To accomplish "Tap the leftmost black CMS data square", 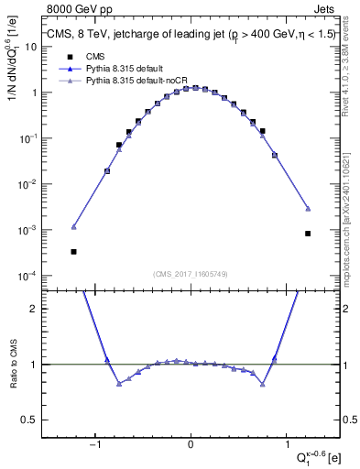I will click(73, 251).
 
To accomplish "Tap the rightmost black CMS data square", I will click(308, 234).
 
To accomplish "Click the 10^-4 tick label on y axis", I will click(27, 276).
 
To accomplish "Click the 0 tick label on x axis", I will click(191, 445).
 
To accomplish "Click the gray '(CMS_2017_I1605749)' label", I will click(191, 275).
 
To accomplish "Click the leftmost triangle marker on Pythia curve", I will click(73, 226).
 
